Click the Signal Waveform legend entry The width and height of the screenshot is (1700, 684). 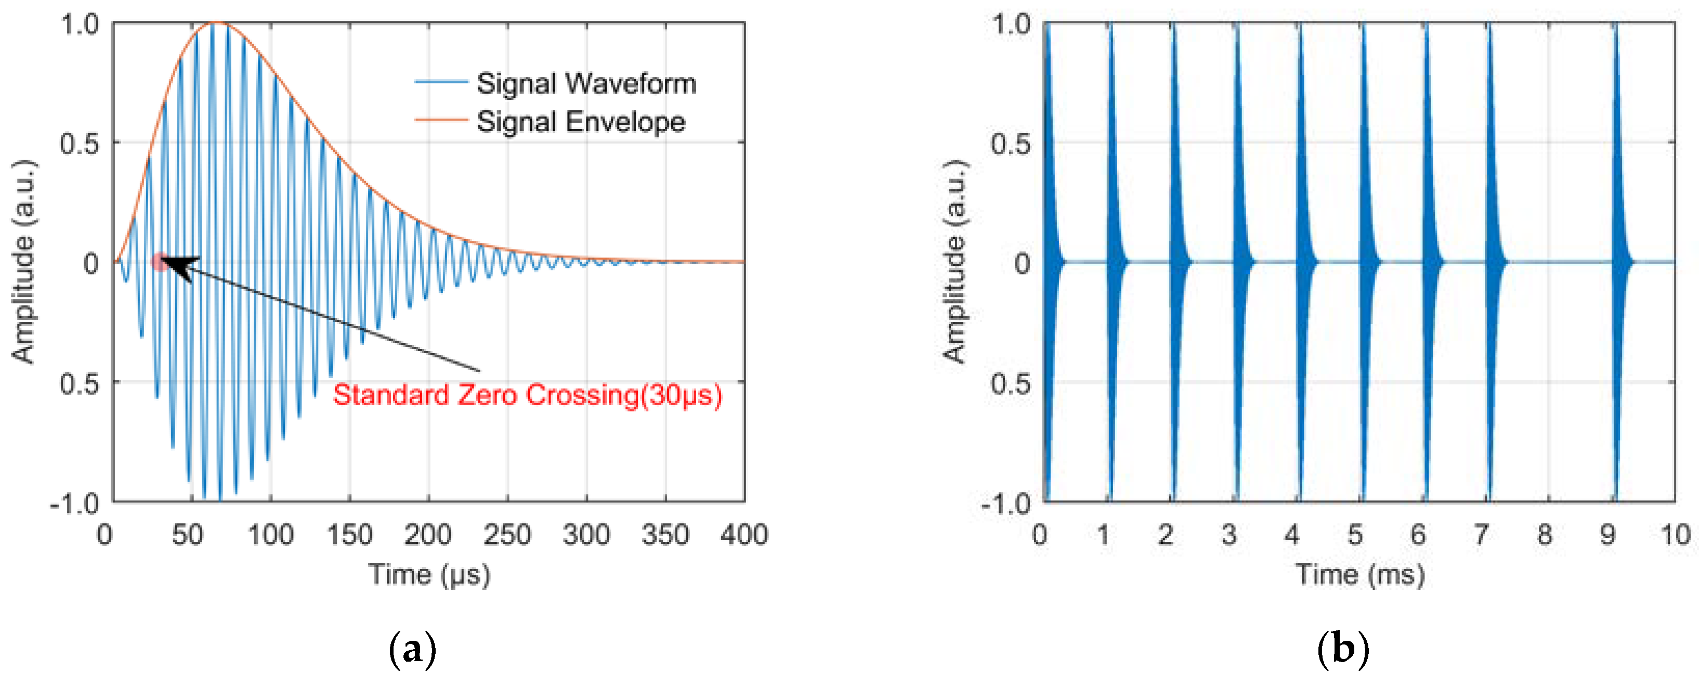point(586,84)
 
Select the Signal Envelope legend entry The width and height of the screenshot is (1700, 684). point(580,122)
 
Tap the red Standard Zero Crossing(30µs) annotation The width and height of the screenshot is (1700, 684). point(527,395)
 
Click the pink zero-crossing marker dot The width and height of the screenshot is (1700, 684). point(159,262)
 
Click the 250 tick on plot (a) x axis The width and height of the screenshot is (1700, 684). point(507,535)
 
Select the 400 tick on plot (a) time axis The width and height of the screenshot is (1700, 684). point(744,535)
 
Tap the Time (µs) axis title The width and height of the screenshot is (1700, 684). point(429,574)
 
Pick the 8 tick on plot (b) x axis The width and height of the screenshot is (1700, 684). point(1544,535)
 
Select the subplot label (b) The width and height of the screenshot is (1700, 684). point(1342,650)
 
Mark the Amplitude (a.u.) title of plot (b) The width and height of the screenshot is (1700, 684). point(954,262)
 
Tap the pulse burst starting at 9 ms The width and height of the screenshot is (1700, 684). point(1618,262)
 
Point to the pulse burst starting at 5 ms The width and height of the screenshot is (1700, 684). point(1366,262)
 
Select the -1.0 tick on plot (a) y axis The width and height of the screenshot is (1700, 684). point(74,503)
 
